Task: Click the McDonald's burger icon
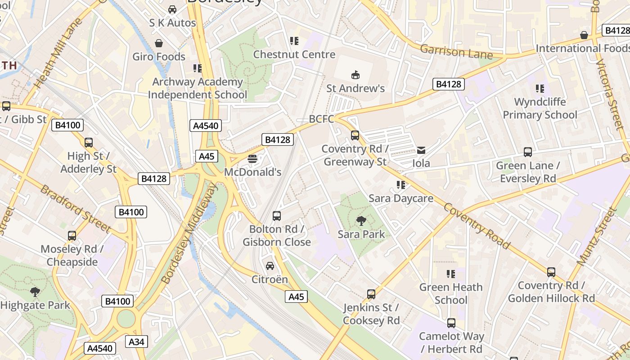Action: [x=252, y=158]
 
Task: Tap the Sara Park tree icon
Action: [x=361, y=220]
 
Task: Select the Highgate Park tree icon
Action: [x=35, y=292]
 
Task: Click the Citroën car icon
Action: [x=270, y=266]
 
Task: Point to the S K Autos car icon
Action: [x=172, y=9]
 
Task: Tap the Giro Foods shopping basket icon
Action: [x=159, y=43]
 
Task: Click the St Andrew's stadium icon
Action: [x=355, y=75]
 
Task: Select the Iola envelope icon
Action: [x=421, y=150]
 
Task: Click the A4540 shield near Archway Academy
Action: [x=206, y=126]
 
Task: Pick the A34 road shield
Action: [x=136, y=342]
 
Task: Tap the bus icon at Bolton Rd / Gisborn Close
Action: [x=277, y=216]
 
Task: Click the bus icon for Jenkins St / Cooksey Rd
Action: [x=371, y=294]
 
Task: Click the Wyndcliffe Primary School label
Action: [x=540, y=108]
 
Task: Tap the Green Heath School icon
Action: [x=451, y=274]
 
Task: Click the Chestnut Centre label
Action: [x=294, y=54]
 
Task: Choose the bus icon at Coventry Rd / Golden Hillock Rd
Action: [x=551, y=272]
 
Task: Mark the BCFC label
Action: [x=321, y=119]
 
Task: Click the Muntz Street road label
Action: [x=596, y=238]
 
